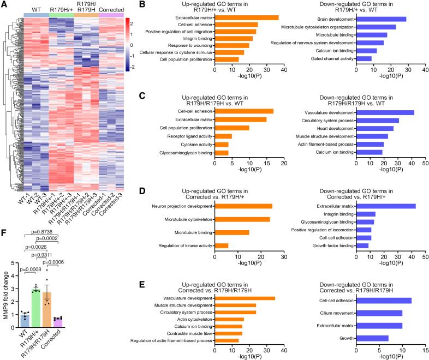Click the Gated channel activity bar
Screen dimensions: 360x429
point(364,58)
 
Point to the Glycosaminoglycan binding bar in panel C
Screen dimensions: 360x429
point(222,152)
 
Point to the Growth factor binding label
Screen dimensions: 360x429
point(325,245)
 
